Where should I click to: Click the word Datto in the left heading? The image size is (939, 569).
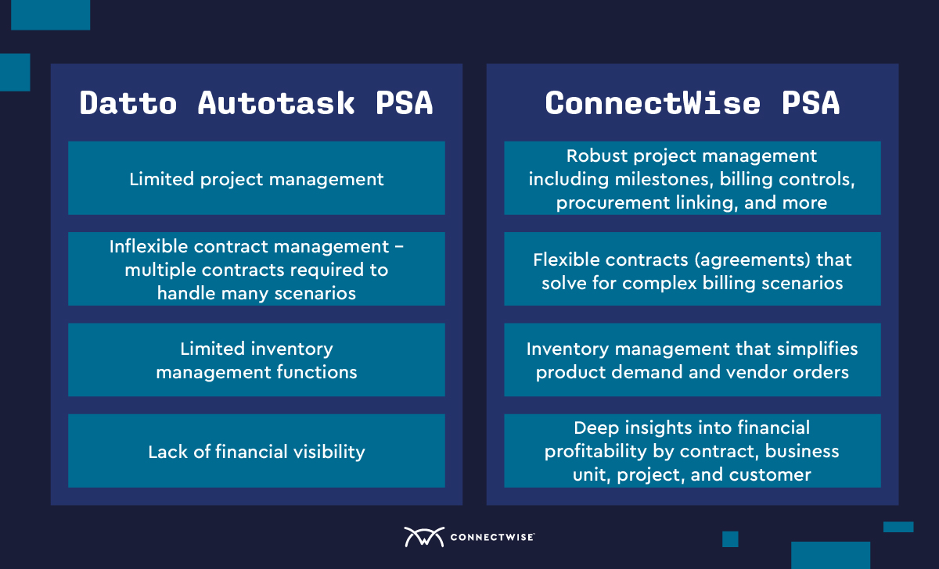128,103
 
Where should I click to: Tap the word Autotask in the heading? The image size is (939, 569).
276,103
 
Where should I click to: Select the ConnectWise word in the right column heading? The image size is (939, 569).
653,103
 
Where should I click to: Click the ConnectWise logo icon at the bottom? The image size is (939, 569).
424,537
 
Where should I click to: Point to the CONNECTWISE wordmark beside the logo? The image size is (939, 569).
492,537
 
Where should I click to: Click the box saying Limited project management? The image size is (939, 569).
257,178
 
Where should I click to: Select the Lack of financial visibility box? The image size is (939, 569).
257,451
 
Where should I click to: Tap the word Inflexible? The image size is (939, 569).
149,246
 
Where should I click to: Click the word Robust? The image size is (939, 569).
597,156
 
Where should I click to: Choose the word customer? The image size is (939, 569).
770,475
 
